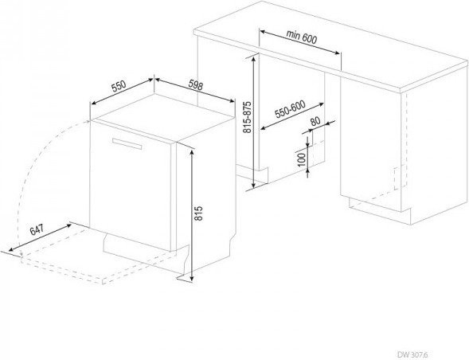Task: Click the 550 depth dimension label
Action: click(119, 86)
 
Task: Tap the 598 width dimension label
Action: click(196, 85)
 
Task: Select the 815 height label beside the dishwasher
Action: click(198, 213)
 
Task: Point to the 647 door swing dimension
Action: click(37, 229)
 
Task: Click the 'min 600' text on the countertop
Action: click(302, 36)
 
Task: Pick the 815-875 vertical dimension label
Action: click(248, 117)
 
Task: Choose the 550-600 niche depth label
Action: click(290, 109)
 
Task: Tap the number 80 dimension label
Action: click(315, 121)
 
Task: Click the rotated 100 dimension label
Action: click(302, 159)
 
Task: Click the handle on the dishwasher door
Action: click(127, 143)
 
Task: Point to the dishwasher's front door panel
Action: click(130, 186)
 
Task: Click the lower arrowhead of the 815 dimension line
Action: click(192, 278)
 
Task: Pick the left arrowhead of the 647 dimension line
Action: click(12, 249)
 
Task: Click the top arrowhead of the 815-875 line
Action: click(254, 60)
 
